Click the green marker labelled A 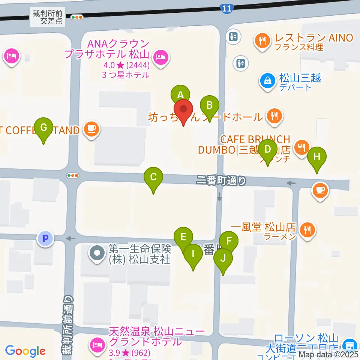click(x=180, y=94)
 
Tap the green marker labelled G click(x=44, y=128)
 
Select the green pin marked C click(x=153, y=177)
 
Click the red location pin click(x=183, y=110)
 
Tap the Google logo click(x=25, y=351)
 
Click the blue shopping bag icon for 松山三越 click(x=268, y=80)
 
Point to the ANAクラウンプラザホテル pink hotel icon click(x=161, y=58)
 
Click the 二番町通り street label click(x=222, y=181)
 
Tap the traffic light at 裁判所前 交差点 click(x=77, y=17)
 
